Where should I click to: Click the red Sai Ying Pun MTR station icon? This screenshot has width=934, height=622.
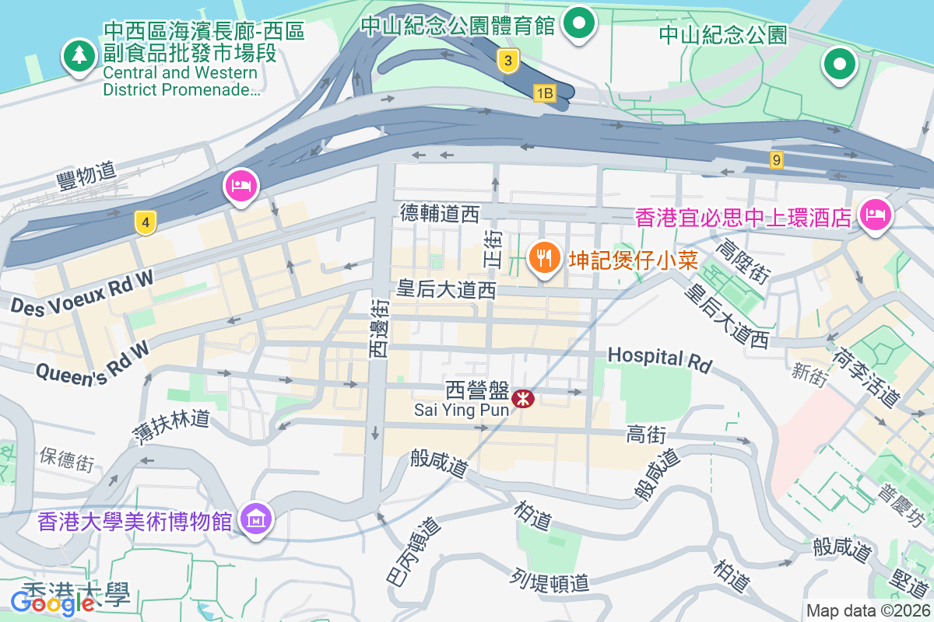tap(524, 399)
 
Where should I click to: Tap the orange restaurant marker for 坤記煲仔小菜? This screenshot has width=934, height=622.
tap(544, 257)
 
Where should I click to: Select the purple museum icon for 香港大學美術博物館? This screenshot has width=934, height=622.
tap(255, 518)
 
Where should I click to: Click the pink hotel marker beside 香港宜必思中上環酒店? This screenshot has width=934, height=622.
tap(874, 215)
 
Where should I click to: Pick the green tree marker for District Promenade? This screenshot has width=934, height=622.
tap(79, 56)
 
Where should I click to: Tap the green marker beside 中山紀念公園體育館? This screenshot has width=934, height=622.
tap(578, 23)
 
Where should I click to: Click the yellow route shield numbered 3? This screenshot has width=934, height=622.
tap(507, 61)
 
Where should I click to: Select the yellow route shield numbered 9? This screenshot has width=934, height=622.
tap(776, 160)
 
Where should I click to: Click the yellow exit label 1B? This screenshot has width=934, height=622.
tap(544, 93)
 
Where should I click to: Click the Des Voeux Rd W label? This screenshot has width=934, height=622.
tap(83, 293)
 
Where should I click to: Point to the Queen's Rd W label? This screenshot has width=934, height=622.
tap(92, 362)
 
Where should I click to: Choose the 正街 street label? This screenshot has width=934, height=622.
tap(493, 249)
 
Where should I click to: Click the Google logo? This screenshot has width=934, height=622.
tap(53, 602)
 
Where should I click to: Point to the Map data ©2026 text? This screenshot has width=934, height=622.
tap(867, 610)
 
